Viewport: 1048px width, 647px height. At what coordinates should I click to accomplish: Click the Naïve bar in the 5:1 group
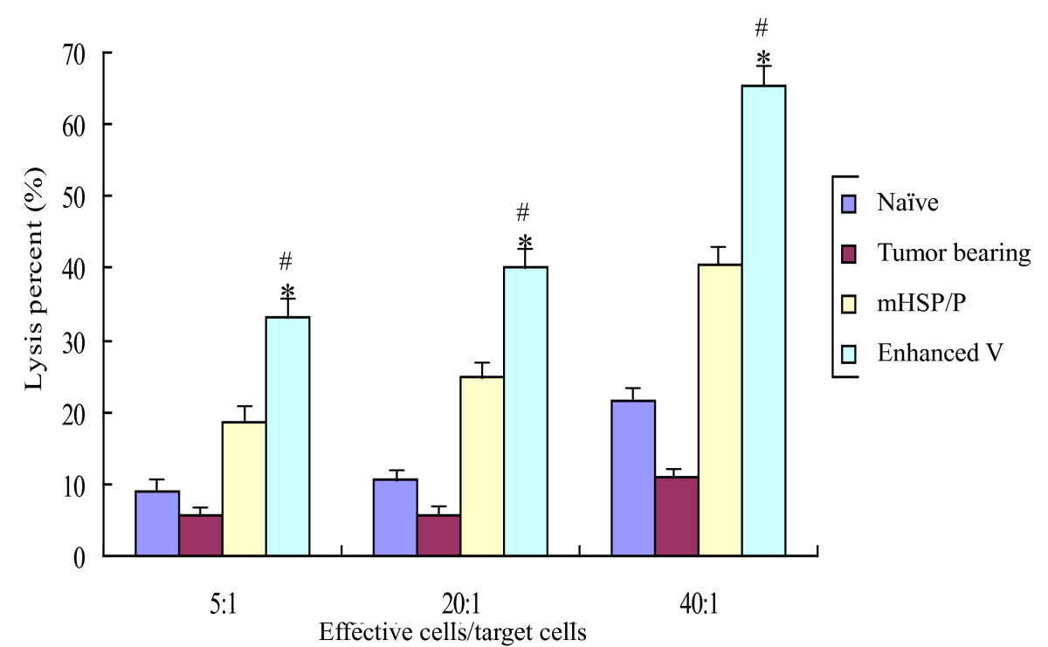157,524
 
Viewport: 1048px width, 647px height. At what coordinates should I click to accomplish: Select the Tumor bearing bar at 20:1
438,535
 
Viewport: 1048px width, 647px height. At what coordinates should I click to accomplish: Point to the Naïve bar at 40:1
633,478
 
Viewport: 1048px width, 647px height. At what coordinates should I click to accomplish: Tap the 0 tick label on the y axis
87,556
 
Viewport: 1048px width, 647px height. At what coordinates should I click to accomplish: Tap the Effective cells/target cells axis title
452,631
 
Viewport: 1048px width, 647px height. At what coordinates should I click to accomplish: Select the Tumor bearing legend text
953,254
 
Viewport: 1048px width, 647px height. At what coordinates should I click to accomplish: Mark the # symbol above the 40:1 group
762,28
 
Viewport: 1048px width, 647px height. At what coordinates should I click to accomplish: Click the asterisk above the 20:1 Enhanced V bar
525,242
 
